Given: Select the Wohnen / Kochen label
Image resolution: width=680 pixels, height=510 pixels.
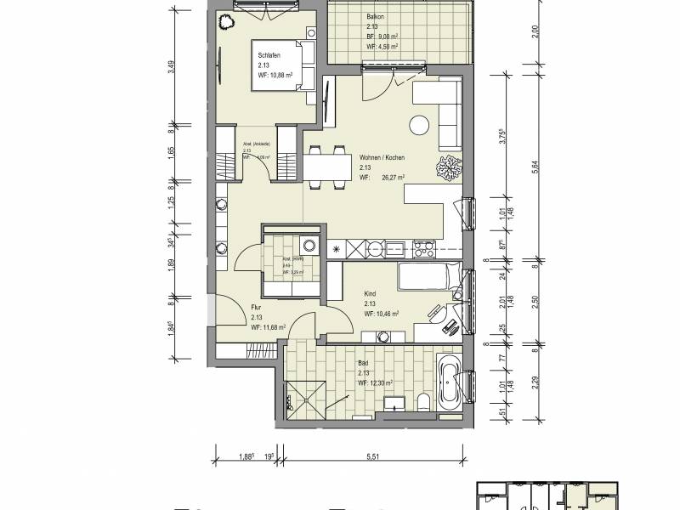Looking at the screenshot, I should pos(382,158).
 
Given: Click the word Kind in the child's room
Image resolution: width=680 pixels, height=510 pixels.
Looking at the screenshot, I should pos(370,294).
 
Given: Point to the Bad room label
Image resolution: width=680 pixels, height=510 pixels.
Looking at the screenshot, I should pos(363,364).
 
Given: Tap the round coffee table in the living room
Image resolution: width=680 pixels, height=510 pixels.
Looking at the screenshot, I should pos(419,126).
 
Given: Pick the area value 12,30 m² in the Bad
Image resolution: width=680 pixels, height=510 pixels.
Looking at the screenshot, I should pos(380,383).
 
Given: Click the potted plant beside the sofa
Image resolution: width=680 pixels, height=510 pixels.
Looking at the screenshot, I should pos(446,169).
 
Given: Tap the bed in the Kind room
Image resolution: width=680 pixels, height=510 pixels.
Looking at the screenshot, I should pos(430,277).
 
